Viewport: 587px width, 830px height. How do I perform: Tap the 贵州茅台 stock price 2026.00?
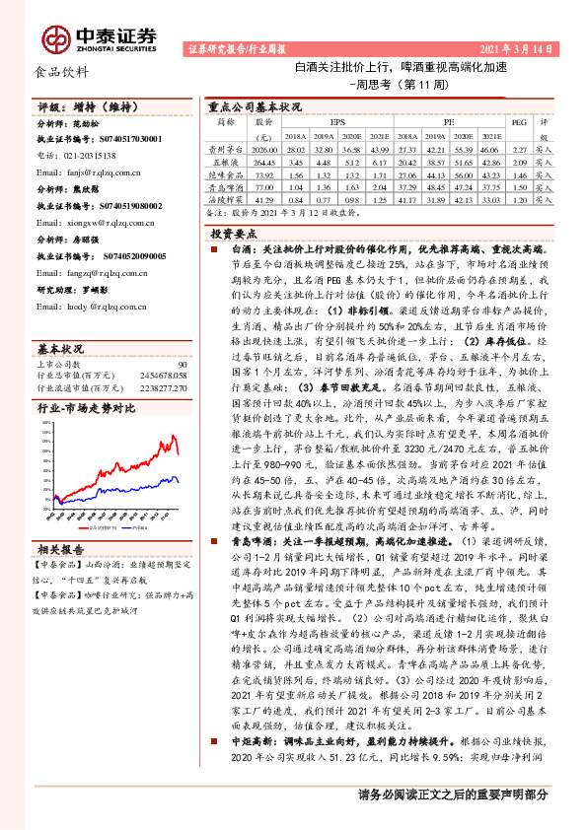[x=264, y=148]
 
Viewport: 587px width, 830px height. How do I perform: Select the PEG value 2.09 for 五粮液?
[x=518, y=159]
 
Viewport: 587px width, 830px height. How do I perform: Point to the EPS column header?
[x=337, y=122]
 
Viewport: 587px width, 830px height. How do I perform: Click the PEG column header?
[x=518, y=122]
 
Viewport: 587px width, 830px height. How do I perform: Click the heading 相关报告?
[x=61, y=549]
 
